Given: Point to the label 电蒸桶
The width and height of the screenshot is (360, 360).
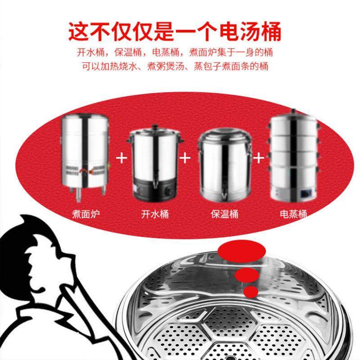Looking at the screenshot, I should tap(293, 214).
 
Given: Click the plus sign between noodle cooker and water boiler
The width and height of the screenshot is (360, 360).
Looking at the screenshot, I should tap(121, 158).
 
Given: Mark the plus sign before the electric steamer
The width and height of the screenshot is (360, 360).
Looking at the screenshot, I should tap(258, 158).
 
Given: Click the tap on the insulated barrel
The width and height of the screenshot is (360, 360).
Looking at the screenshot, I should tap(221, 194).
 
